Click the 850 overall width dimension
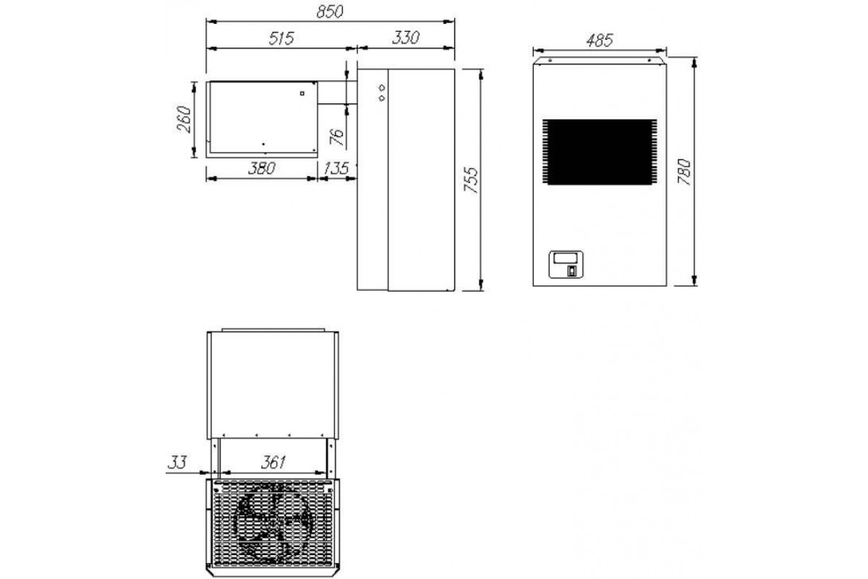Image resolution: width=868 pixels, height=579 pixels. pos(330,12)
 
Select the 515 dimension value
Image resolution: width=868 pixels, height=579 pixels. pos(281,38)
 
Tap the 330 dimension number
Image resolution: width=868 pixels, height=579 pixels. pos(405,38)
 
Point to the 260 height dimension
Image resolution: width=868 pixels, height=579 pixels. pos(184,119)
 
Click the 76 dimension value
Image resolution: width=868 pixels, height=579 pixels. pos(337,137)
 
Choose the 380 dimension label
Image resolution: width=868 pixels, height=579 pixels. pos(262,169)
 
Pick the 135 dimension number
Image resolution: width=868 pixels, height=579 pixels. pos(336,169)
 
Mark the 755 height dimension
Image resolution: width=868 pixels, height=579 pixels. pos(472,180)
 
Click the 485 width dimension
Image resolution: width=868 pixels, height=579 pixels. pos(600,41)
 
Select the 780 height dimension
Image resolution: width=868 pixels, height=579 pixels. pos(684,172)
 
